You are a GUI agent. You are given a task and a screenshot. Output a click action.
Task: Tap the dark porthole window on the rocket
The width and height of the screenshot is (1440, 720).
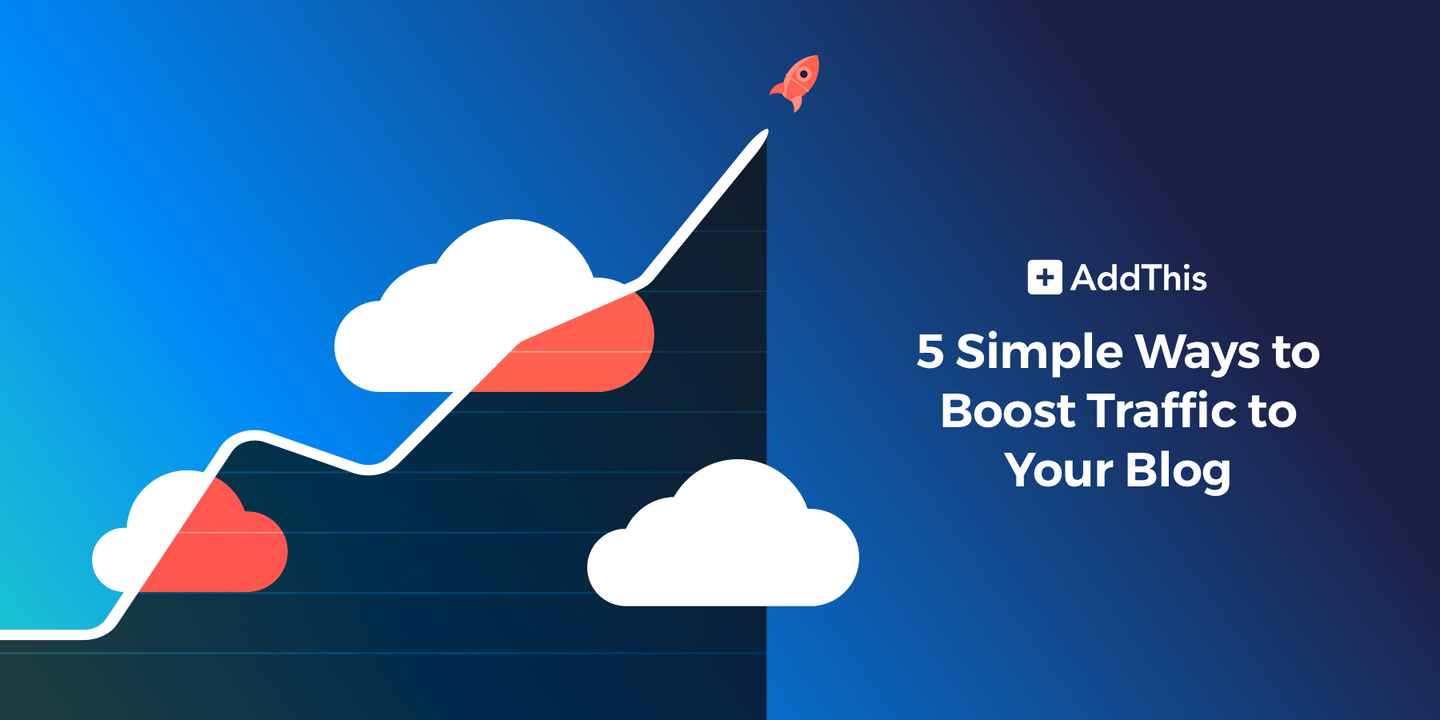(x=804, y=74)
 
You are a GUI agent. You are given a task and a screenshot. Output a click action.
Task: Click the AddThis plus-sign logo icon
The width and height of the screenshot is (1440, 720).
(x=1045, y=278)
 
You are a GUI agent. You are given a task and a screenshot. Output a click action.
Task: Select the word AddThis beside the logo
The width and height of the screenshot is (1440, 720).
(x=1139, y=278)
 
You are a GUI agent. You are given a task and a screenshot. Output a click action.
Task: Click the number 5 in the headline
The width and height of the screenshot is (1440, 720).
(x=930, y=351)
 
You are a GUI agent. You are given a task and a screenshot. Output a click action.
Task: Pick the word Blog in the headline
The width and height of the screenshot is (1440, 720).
(x=1179, y=470)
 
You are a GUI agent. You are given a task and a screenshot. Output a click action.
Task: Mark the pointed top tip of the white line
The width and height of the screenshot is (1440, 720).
(x=767, y=130)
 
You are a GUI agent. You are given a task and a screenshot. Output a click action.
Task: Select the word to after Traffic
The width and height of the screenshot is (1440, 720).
(x=1272, y=412)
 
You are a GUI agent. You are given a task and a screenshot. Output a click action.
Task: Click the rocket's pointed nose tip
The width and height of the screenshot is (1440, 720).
(x=817, y=57)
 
